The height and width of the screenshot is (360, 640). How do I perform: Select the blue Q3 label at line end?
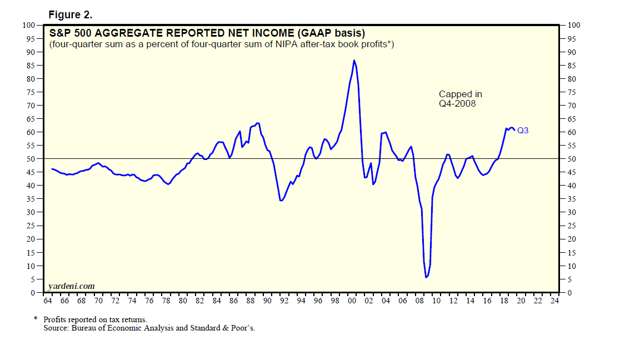point(523,131)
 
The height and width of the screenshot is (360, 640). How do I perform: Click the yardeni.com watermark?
point(72,286)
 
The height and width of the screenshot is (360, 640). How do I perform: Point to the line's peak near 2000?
point(354,60)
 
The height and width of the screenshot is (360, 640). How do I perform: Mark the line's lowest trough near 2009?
point(426,277)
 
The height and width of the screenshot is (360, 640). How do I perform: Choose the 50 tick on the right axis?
point(574,159)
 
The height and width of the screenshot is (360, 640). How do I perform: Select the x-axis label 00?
point(352,301)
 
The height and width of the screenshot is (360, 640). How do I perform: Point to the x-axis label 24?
point(554,301)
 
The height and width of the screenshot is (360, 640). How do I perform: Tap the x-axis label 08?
point(419,301)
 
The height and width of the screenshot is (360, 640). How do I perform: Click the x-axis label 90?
point(267,301)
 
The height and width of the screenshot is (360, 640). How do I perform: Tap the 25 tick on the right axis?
point(574,226)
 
